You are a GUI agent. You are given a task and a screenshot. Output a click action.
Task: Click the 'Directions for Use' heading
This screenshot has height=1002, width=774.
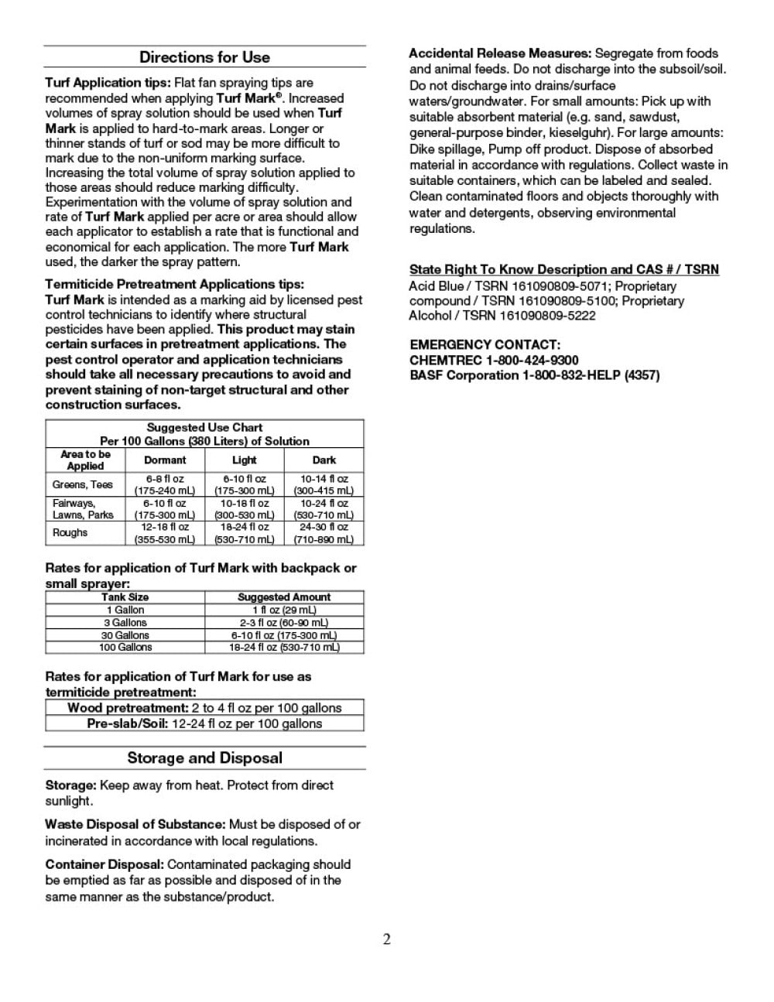pyautogui.click(x=204, y=57)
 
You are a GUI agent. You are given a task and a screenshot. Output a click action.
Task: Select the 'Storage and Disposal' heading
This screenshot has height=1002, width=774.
pyautogui.click(x=204, y=758)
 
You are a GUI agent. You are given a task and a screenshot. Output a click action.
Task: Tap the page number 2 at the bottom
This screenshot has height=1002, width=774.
pyautogui.click(x=387, y=939)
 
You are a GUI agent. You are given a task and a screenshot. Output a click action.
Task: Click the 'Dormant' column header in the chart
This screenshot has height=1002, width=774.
pyautogui.click(x=165, y=460)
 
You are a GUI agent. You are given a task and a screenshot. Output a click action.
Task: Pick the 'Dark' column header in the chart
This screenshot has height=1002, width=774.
pyautogui.click(x=324, y=460)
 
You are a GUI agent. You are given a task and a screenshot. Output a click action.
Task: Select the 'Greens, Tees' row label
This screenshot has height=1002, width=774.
pyautogui.click(x=83, y=485)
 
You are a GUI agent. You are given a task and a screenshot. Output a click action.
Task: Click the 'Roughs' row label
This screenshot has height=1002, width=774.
pyautogui.click(x=70, y=533)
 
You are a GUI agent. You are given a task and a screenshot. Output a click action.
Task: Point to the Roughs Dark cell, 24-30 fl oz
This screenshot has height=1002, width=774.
pyautogui.click(x=324, y=533)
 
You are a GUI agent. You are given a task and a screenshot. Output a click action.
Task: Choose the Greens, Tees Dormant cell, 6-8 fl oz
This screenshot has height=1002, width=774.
pyautogui.click(x=165, y=485)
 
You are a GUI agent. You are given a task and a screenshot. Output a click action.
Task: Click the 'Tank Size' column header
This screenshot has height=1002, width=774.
pyautogui.click(x=125, y=597)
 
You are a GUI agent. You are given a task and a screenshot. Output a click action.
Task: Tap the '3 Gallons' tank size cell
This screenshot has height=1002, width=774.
pyautogui.click(x=125, y=623)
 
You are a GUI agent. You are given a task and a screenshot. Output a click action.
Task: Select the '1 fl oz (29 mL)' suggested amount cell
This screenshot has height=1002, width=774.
pyautogui.click(x=284, y=610)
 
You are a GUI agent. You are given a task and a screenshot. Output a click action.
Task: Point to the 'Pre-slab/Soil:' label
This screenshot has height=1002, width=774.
pyautogui.click(x=127, y=724)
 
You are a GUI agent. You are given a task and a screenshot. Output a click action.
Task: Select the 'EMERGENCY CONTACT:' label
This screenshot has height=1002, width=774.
pyautogui.click(x=485, y=345)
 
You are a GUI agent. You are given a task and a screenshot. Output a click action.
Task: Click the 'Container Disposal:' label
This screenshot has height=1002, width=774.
pyautogui.click(x=104, y=864)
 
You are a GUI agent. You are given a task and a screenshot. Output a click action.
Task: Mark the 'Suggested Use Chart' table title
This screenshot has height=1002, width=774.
pyautogui.click(x=204, y=428)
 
